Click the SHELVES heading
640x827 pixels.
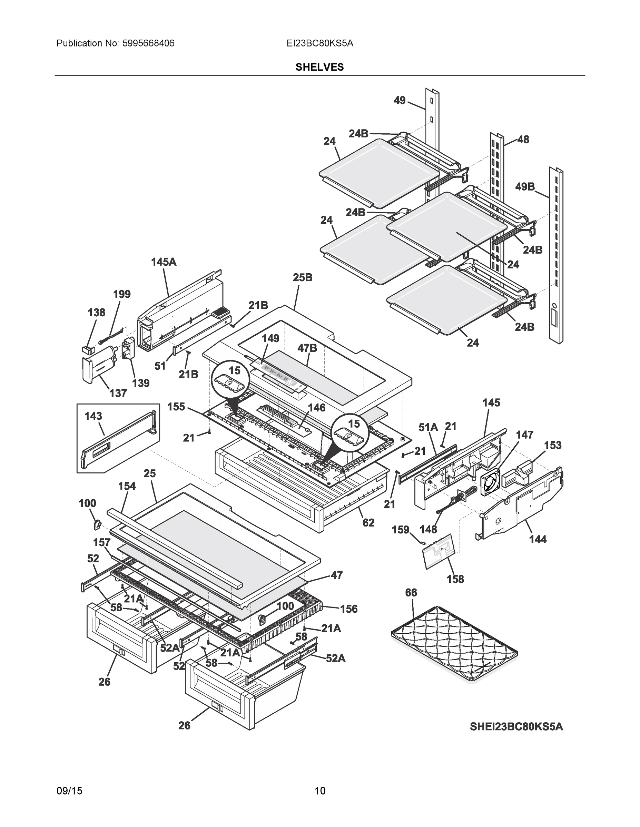pos(319,67)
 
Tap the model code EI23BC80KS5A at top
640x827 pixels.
pos(319,43)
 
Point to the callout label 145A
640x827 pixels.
pos(164,262)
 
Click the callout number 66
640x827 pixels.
pos(411,592)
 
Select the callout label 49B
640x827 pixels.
pos(525,186)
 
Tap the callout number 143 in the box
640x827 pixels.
pos(93,416)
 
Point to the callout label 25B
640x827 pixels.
pos(303,277)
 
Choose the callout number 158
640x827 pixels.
pos(455,579)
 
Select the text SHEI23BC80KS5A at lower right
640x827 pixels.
pos(516,727)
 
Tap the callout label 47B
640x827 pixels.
pos(307,348)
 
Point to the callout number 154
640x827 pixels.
pos(127,486)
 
